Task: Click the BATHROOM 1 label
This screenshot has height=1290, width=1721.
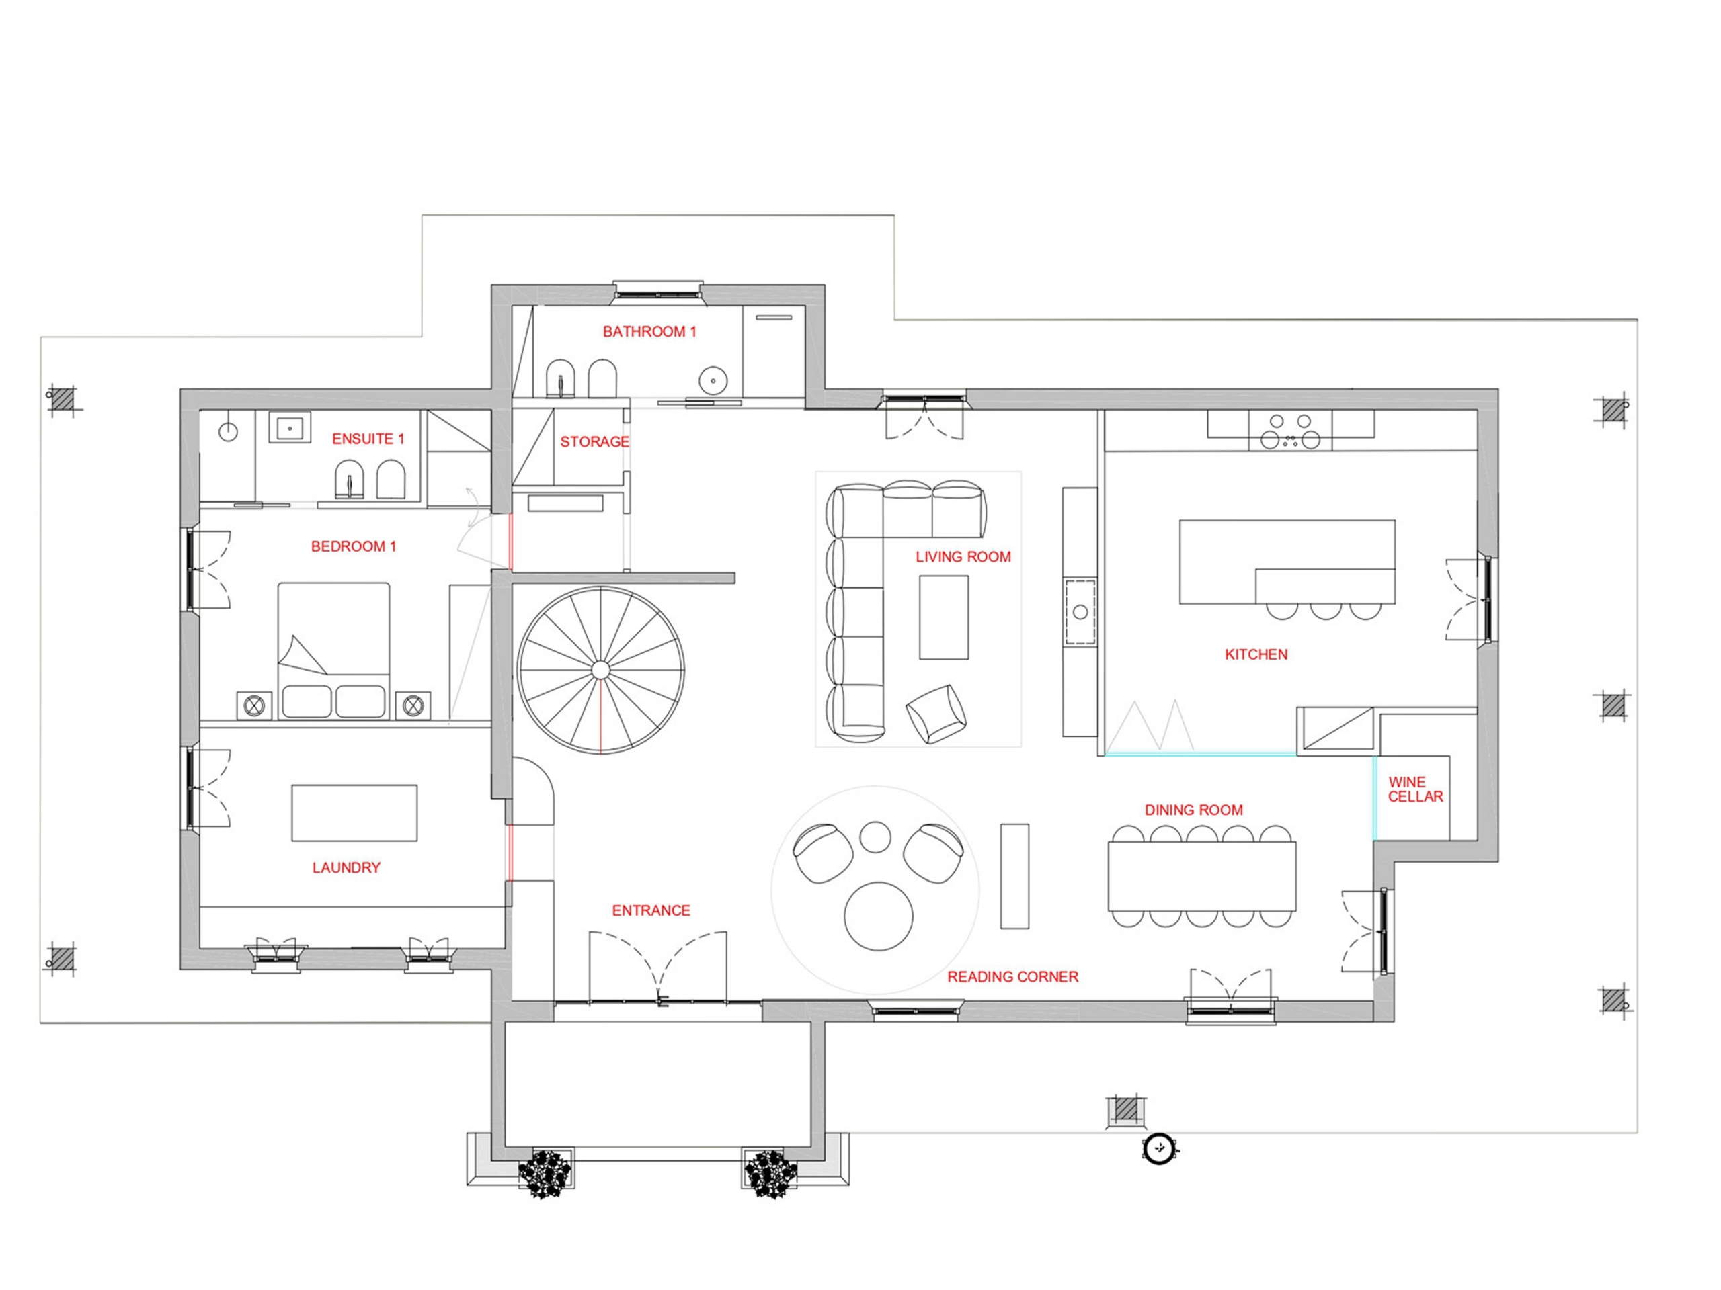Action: point(649,331)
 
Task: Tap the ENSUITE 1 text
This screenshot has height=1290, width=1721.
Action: point(368,439)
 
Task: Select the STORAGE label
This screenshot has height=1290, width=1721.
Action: point(594,441)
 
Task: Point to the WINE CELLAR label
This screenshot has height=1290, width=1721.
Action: point(1415,789)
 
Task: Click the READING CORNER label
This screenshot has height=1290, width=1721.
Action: point(1012,977)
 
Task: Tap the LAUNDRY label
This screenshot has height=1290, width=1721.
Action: point(346,868)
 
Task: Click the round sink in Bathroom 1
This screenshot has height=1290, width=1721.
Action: point(712,381)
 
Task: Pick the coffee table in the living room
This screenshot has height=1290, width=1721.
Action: point(944,617)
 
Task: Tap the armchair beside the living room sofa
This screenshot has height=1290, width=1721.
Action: point(936,713)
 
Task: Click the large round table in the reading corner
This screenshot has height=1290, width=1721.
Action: point(879,916)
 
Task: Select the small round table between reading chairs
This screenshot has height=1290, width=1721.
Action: point(875,836)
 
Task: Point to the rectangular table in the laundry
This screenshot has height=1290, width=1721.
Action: point(354,812)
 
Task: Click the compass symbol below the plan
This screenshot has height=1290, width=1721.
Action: point(1159,1148)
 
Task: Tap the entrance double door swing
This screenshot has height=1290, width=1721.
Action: point(658,967)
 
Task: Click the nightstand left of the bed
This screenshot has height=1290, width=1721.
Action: point(253,706)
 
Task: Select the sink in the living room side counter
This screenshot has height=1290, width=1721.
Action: point(1080,612)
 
